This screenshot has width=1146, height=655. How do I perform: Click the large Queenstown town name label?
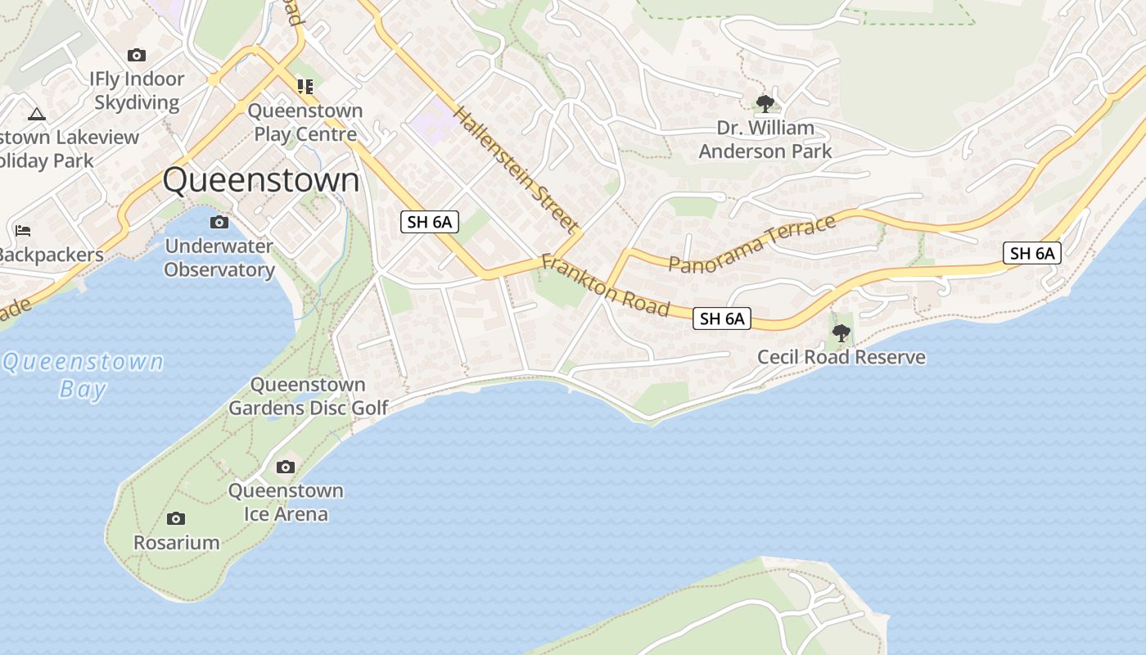[x=261, y=180]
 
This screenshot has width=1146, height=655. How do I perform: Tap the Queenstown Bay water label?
[x=83, y=374]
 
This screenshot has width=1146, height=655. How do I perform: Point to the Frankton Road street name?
[x=605, y=286]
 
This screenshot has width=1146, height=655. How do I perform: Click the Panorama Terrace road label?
[x=752, y=243]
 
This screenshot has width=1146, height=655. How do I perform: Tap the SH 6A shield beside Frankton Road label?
[x=722, y=318]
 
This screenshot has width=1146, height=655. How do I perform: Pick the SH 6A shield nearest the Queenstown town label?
[x=429, y=221]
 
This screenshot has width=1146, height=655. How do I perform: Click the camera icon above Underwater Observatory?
[x=219, y=223]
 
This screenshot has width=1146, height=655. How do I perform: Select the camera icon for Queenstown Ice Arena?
[x=285, y=468]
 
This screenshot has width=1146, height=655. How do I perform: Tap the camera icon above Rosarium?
[x=176, y=519]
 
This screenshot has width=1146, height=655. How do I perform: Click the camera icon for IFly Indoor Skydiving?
[x=137, y=56]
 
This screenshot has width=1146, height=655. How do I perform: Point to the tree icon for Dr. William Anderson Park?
[x=765, y=104]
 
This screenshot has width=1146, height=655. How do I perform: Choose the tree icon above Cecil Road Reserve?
[x=841, y=333]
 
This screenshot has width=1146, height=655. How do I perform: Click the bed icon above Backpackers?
[x=23, y=232]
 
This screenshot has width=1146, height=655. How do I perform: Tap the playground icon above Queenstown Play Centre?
[x=305, y=87]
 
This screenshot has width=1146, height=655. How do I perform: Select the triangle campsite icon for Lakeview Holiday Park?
[x=37, y=114]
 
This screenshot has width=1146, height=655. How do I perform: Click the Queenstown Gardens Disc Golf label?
[x=308, y=396]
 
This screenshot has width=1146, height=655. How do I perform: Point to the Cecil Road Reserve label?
[x=841, y=357]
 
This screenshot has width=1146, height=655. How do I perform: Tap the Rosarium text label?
[x=176, y=542]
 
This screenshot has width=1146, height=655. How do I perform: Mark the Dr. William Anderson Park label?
[x=765, y=139]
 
